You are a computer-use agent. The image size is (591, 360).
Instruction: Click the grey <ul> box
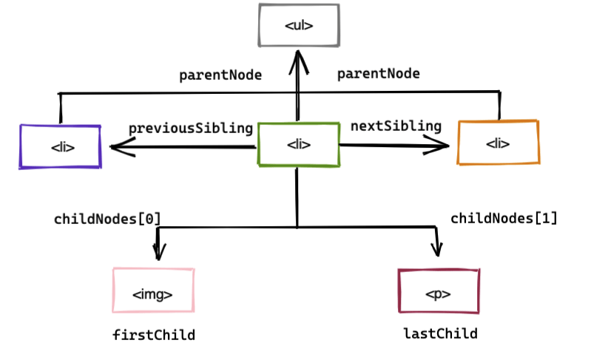[x=298, y=26]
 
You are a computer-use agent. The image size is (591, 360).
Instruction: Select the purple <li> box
[x=60, y=146]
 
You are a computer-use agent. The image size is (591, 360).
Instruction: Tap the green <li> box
[x=298, y=144]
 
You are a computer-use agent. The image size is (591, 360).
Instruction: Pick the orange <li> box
[x=498, y=142]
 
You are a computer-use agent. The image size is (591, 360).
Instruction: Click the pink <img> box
[x=152, y=291]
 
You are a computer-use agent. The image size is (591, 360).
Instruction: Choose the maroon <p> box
[x=438, y=291]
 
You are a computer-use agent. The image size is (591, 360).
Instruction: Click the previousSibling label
[x=191, y=128]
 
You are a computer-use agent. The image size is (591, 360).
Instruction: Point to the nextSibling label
[x=396, y=126]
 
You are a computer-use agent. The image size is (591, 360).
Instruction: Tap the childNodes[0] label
[x=107, y=220]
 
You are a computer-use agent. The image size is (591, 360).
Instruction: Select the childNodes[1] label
[x=504, y=218]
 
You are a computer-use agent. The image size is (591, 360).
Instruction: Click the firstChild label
[x=153, y=336]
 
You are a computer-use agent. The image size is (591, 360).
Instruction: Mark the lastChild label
[x=440, y=334]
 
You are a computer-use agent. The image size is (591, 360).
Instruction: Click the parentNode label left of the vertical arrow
[x=220, y=75]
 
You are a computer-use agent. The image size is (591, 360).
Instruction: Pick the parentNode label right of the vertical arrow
[x=378, y=74]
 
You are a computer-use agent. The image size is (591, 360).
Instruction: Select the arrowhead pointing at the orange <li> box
[x=441, y=146]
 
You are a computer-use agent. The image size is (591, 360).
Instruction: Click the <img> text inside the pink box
[x=152, y=294]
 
